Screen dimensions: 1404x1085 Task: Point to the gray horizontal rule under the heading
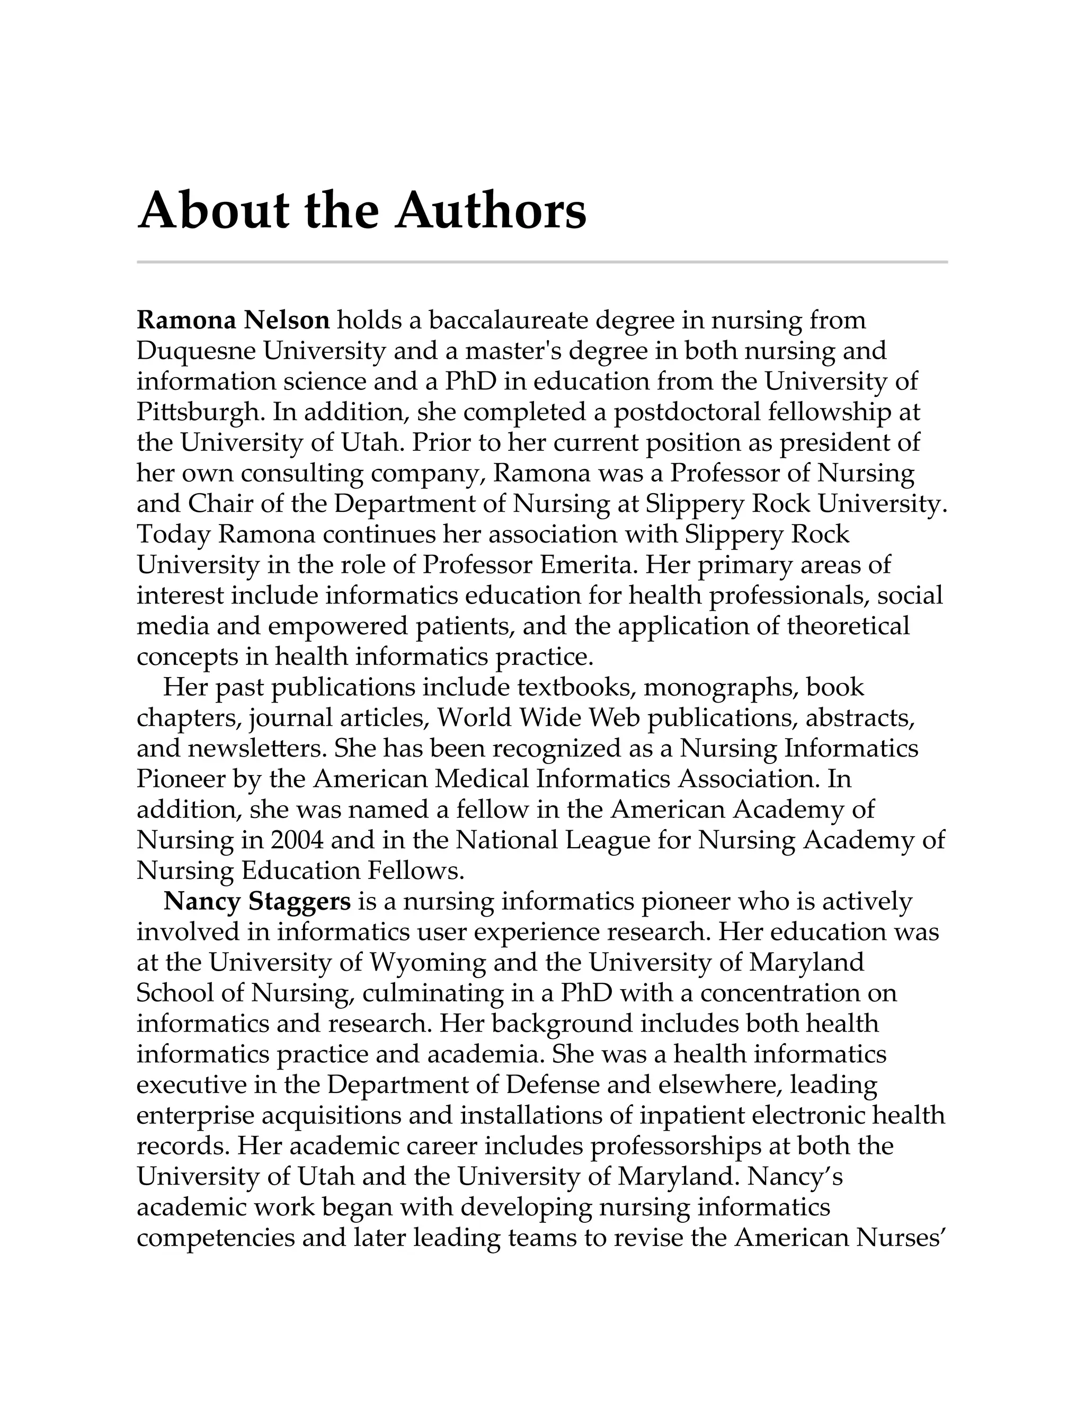click(x=542, y=262)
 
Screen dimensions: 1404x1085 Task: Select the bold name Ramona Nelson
click(x=233, y=319)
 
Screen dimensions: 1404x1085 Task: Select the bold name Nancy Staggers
click(x=257, y=901)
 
